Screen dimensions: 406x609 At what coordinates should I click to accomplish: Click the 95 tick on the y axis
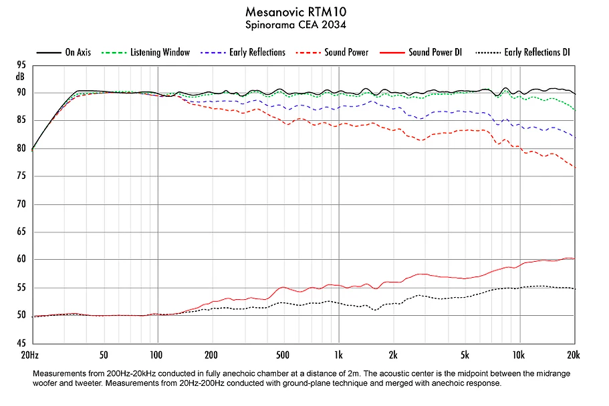click(x=21, y=65)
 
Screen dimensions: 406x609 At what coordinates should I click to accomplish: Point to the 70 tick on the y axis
click(x=21, y=204)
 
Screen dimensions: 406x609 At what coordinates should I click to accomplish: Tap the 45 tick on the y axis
click(x=21, y=343)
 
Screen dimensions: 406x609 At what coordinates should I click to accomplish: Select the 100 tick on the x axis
click(x=157, y=353)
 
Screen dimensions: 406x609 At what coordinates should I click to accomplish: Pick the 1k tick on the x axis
click(x=339, y=353)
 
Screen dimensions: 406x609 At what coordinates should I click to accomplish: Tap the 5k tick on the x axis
click(x=465, y=353)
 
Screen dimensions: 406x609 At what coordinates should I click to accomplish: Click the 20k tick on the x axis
click(x=574, y=353)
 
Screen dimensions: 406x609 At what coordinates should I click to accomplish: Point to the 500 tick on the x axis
click(x=283, y=353)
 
